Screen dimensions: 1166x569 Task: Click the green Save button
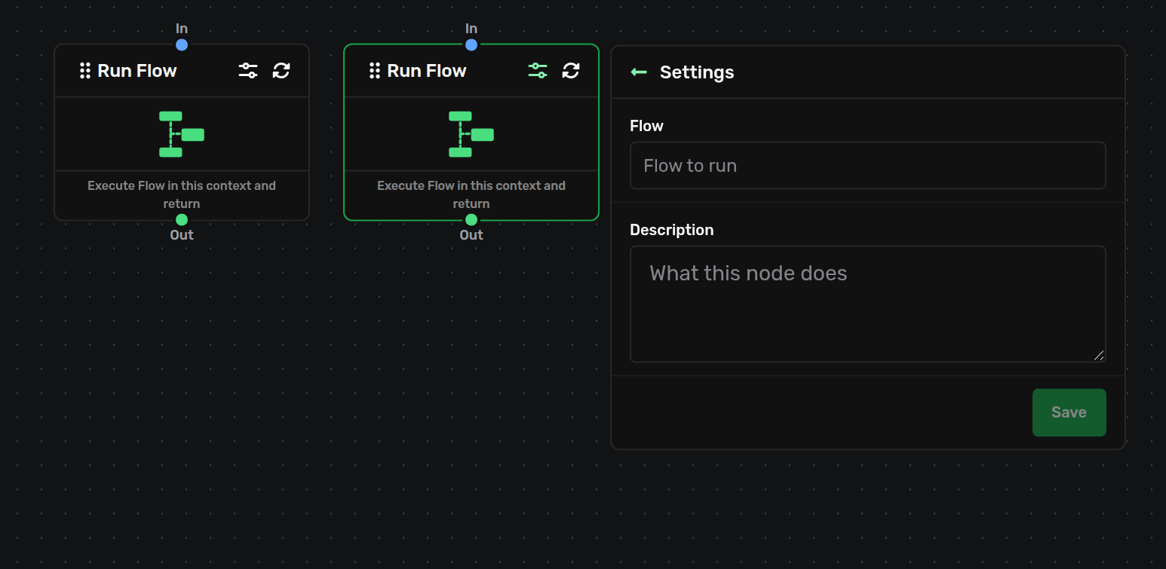1069,412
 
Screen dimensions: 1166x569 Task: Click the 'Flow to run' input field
868,165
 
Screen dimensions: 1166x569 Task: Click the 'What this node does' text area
868,304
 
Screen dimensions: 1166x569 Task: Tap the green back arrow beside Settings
639,72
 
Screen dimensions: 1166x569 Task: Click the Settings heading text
696,72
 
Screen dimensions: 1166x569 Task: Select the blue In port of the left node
182,45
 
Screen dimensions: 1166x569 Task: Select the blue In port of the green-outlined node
471,45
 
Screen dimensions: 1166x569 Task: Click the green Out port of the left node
182,220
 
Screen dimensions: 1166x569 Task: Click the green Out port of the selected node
471,220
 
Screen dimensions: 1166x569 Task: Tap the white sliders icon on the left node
248,71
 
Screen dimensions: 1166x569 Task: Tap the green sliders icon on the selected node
537,71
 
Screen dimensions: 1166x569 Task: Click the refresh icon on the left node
281,71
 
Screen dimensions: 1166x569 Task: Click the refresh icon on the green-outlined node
570,71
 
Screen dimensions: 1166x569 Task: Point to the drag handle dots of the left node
84,71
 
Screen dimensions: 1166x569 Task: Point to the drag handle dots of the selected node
374,71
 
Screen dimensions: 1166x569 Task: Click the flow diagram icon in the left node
182,134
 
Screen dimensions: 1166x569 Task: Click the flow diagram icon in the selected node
471,134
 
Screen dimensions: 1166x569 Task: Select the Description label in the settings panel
671,230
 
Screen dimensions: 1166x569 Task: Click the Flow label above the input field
646,126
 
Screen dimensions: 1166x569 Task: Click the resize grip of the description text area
1099,356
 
